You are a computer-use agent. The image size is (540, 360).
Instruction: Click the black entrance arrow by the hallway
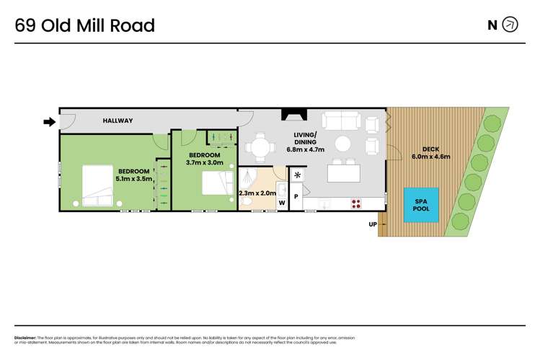49,122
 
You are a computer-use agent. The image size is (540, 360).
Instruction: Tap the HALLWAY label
118,120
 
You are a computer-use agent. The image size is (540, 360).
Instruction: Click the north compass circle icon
510,25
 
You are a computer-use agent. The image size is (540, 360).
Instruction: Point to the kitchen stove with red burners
356,203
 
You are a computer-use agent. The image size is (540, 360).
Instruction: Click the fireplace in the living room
294,115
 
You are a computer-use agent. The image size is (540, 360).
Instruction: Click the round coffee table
344,144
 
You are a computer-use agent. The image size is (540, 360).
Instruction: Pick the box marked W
282,203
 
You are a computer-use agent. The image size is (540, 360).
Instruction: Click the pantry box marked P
296,196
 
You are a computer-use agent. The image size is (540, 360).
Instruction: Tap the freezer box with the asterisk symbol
297,176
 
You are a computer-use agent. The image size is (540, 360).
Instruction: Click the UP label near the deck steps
372,224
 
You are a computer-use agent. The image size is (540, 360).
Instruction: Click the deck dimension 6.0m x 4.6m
430,157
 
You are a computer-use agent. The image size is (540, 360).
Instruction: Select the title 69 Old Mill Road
85,26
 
